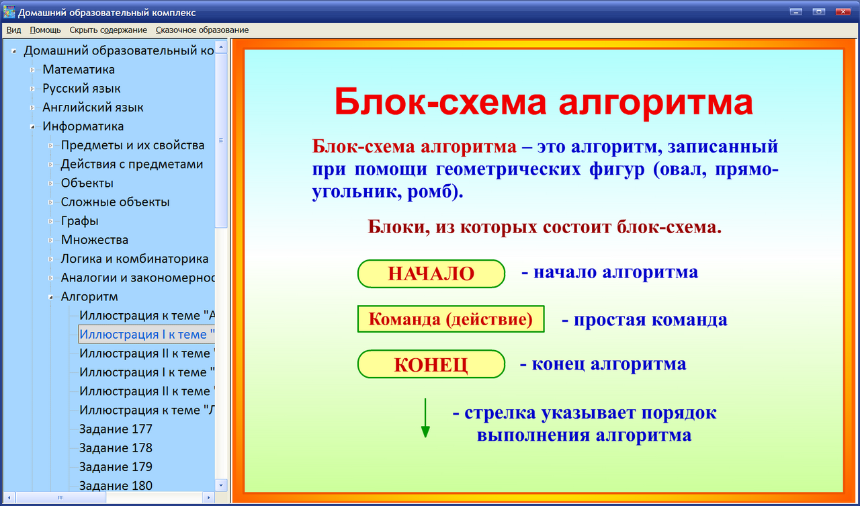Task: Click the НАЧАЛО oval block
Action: pos(431,273)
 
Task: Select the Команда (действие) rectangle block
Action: pos(450,319)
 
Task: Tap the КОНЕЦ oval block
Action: pos(431,364)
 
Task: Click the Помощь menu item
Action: pos(45,30)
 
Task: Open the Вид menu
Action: pos(13,30)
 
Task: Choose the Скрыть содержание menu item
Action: pos(108,30)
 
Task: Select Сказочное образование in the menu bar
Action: pos(202,30)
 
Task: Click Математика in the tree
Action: pos(79,69)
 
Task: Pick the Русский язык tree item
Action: pos(81,88)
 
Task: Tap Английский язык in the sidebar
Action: pos(93,107)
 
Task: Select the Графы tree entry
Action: pos(79,220)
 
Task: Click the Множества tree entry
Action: pos(94,239)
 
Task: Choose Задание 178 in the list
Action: pos(116,448)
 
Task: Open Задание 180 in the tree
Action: pos(116,485)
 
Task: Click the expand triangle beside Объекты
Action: pos(51,183)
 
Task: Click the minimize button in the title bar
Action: pos(797,11)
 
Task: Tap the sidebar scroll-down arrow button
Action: pos(221,484)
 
